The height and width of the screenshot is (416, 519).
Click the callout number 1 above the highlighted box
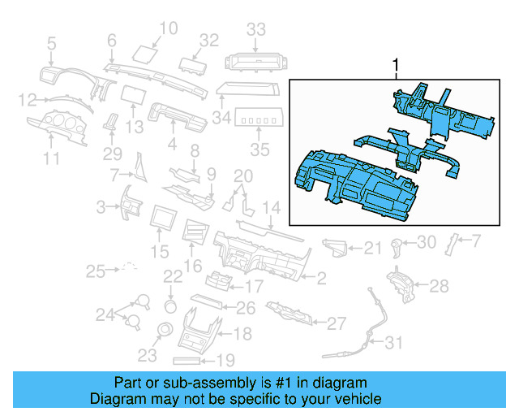396,63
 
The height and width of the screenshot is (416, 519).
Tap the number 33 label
256,30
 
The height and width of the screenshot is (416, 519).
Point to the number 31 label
392,343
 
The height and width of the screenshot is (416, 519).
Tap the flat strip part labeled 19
191,359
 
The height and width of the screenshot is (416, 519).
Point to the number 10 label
167,30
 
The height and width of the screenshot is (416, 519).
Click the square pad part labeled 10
147,53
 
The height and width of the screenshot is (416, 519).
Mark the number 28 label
438,286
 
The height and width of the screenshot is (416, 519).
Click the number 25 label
97,270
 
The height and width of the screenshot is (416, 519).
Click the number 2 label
321,279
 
